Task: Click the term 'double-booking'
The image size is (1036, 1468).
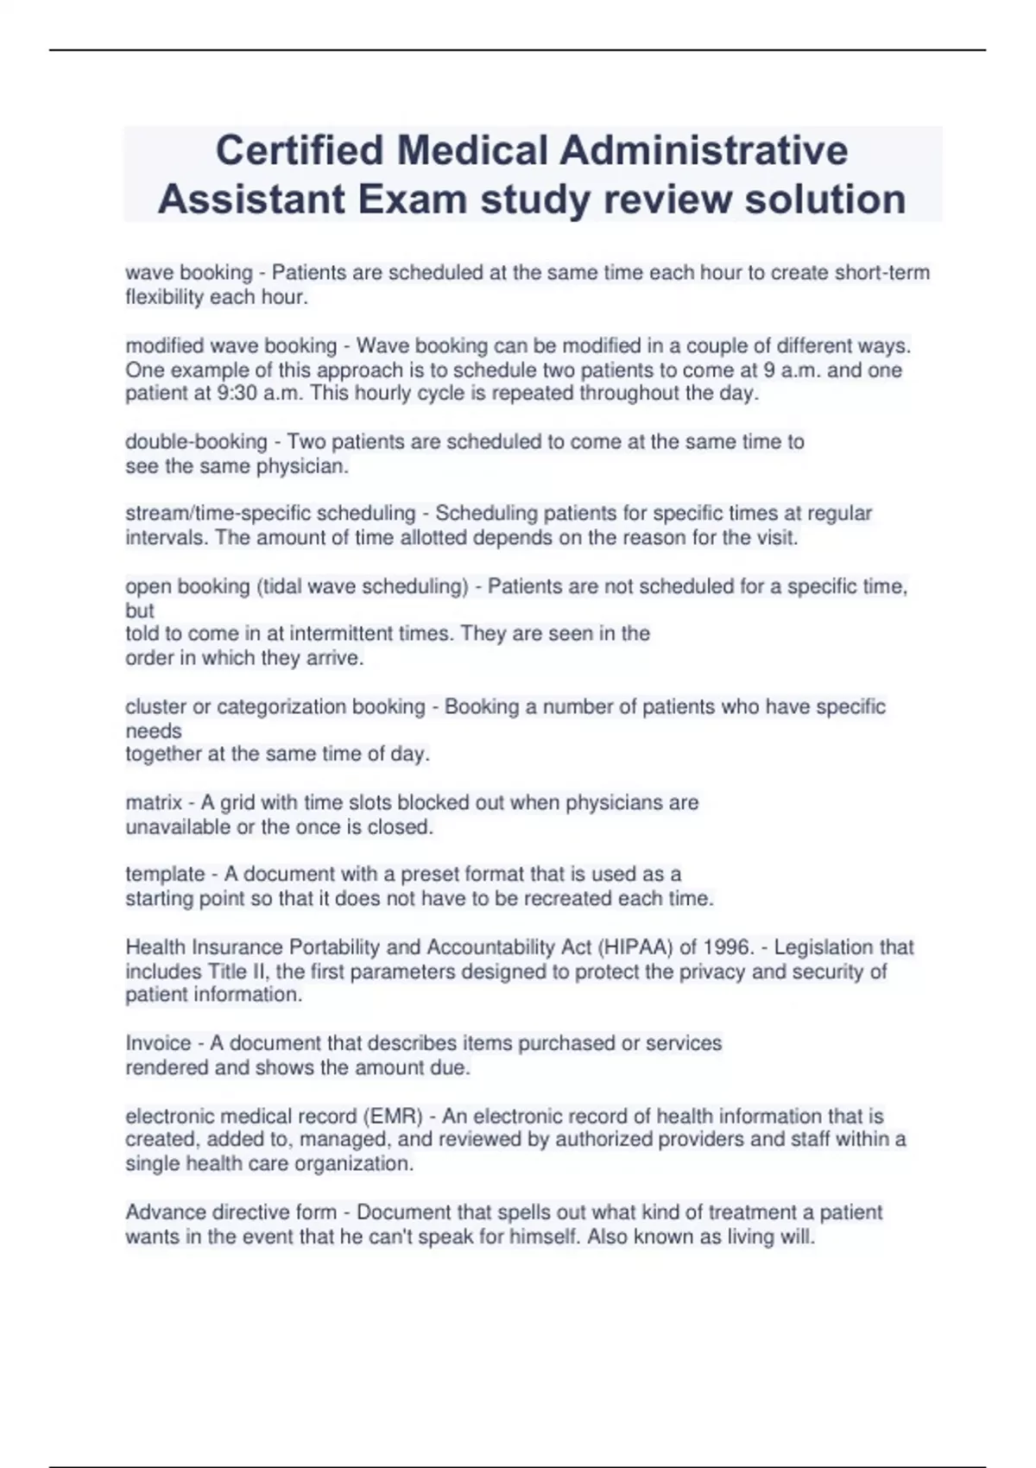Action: pos(196,442)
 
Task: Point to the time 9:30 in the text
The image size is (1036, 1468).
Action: pos(236,394)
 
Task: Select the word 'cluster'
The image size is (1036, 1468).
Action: pos(155,707)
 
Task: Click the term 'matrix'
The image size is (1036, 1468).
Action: pos(153,803)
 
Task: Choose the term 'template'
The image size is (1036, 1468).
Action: pos(165,875)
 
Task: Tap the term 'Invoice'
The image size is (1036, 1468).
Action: pos(157,1043)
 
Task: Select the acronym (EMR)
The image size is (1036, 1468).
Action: pos(395,1117)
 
